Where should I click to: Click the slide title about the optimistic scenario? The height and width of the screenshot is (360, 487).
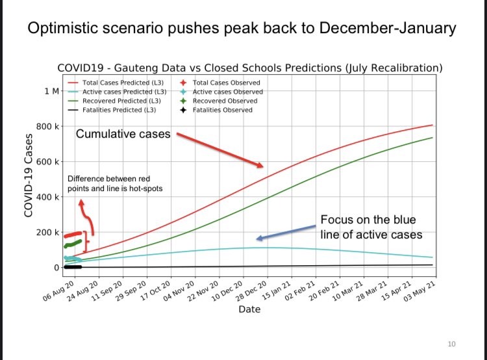243,29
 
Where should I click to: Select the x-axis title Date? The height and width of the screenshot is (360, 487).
249,309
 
